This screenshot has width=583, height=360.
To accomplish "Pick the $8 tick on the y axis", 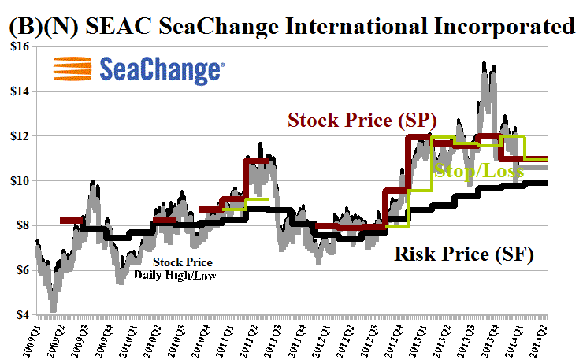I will click(20, 226).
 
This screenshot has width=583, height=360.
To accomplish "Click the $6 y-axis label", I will click(20, 271).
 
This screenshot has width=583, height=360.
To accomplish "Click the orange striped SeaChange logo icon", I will click(72, 70).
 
